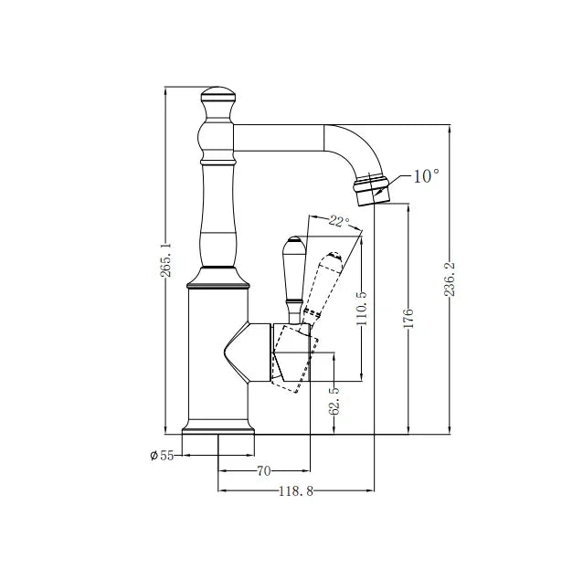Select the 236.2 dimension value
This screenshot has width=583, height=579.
[450, 279]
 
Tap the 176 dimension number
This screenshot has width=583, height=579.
[408, 318]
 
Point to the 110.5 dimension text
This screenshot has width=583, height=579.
[361, 308]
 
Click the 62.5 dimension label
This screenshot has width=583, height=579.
[334, 401]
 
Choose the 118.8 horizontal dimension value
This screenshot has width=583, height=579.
[296, 491]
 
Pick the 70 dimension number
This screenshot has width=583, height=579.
[263, 471]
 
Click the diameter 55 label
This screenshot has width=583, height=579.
[162, 455]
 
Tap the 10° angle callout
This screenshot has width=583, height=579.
[426, 175]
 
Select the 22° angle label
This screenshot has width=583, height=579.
[339, 222]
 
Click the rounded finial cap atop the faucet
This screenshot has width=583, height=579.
[217, 94]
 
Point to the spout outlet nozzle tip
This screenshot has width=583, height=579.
[371, 190]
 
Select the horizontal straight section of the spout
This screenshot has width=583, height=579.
[279, 138]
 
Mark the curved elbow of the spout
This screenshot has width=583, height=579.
[354, 150]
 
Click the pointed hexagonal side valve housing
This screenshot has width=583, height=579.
[248, 352]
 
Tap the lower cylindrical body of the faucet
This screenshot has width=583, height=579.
[217, 354]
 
